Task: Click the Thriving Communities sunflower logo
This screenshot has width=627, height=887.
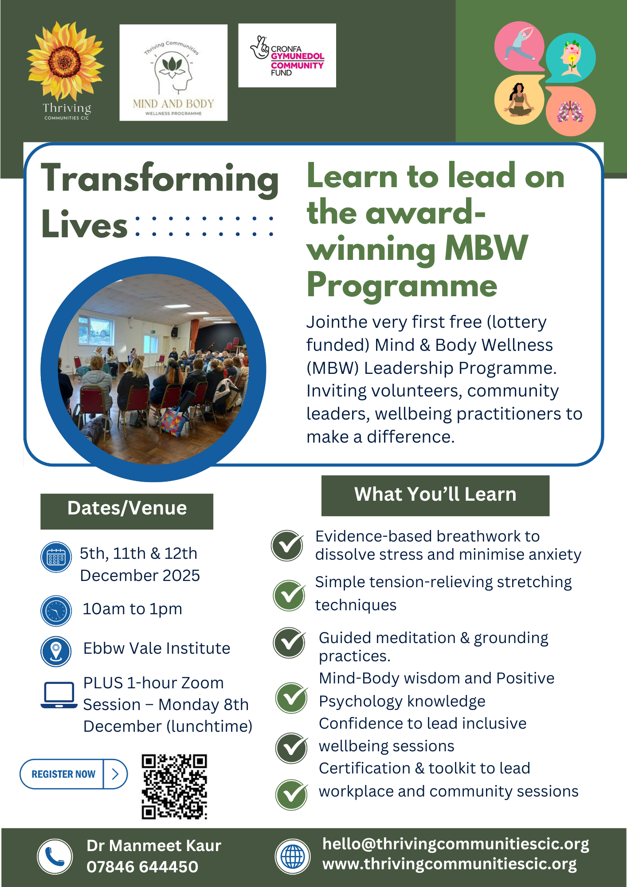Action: [66, 71]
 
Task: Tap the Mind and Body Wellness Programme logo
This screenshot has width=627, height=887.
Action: [173, 72]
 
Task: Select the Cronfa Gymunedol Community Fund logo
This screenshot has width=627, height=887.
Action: [287, 55]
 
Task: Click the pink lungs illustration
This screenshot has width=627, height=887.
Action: [570, 111]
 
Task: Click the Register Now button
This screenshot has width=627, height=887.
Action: [74, 774]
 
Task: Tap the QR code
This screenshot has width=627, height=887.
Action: [174, 786]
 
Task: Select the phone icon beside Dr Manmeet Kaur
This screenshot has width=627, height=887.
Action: [55, 856]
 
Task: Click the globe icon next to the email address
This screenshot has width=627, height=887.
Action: [293, 856]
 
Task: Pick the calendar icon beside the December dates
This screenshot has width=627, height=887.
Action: [56, 557]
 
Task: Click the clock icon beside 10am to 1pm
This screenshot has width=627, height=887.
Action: [56, 611]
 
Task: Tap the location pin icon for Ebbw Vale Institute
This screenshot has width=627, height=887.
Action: [56, 652]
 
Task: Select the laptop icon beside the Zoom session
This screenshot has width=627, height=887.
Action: [59, 695]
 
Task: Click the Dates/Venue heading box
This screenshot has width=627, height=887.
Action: [127, 511]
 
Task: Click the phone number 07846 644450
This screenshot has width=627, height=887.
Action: [142, 867]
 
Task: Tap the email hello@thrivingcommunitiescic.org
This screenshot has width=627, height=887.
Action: [455, 844]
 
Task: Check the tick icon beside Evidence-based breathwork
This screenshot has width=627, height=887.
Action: [287, 546]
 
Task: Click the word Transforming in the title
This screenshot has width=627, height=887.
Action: [160, 179]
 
